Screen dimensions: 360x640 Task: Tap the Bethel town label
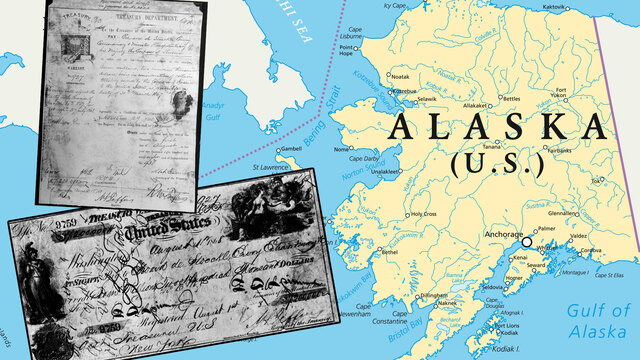tap(388, 252)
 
